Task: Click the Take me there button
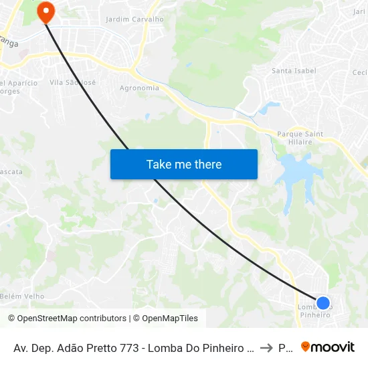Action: click(184, 164)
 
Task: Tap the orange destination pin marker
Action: click(46, 11)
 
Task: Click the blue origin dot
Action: click(323, 302)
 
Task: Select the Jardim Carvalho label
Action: click(134, 19)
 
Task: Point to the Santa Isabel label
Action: click(294, 70)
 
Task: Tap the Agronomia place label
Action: click(139, 88)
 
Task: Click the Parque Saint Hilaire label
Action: click(300, 138)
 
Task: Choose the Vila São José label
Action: click(74, 82)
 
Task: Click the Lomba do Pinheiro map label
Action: click(314, 310)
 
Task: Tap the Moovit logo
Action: click(328, 347)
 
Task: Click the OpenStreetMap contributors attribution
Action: click(72, 318)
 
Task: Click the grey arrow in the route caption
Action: click(266, 348)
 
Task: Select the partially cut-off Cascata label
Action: click(11, 171)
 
